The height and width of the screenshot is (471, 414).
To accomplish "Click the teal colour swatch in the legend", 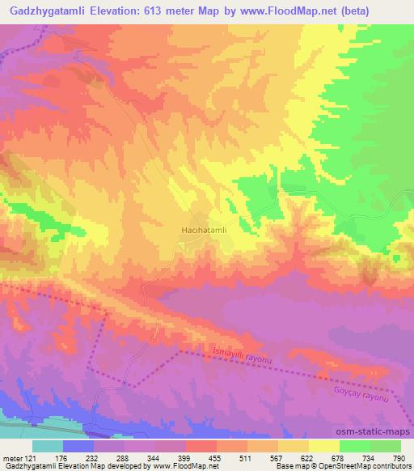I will [x=48, y=445].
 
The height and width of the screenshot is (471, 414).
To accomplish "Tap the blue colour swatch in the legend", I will [x=79, y=445].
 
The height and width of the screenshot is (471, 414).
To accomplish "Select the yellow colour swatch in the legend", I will [x=323, y=445].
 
